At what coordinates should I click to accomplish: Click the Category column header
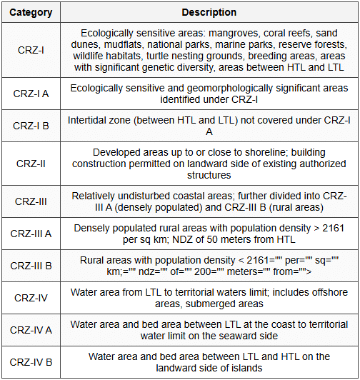pyautogui.click(x=31, y=12)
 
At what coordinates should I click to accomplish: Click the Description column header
pyautogui.click(x=209, y=12)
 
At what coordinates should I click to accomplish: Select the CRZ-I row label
pyautogui.click(x=31, y=51)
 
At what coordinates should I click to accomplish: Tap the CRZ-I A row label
pyautogui.click(x=31, y=94)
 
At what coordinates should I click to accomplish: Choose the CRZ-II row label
pyautogui.click(x=31, y=163)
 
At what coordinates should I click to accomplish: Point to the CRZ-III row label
pyautogui.click(x=31, y=201)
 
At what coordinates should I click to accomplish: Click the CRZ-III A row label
pyautogui.click(x=31, y=234)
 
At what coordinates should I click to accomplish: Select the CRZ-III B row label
pyautogui.click(x=31, y=266)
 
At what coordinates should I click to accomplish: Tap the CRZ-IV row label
pyautogui.click(x=31, y=298)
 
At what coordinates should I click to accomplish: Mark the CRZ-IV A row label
pyautogui.click(x=31, y=330)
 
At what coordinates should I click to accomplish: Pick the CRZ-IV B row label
pyautogui.click(x=31, y=362)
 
